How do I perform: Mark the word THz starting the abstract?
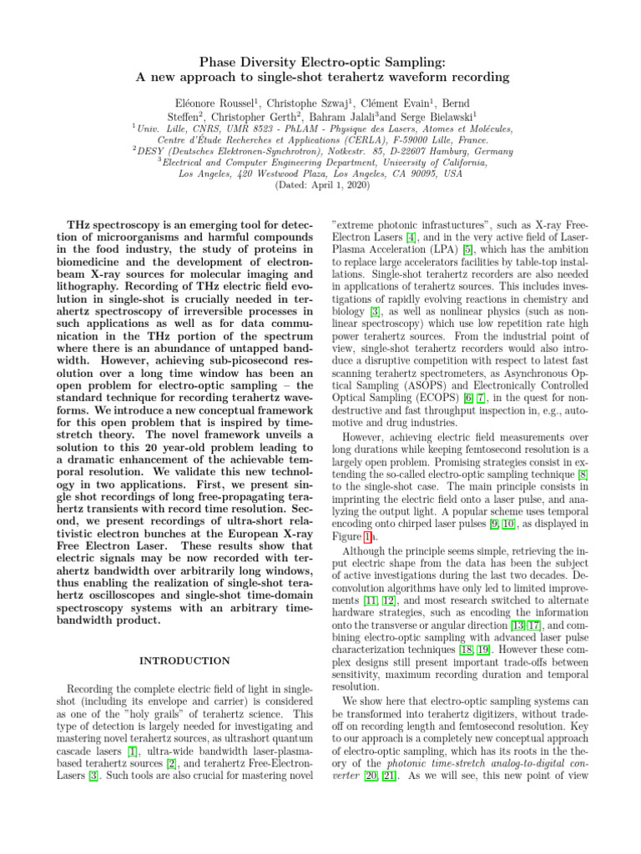click(x=81, y=224)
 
